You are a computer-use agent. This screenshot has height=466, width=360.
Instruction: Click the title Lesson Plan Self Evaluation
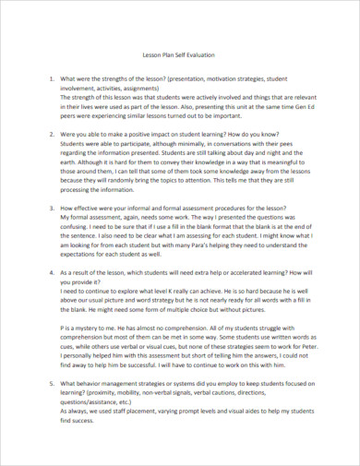pos(180,55)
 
